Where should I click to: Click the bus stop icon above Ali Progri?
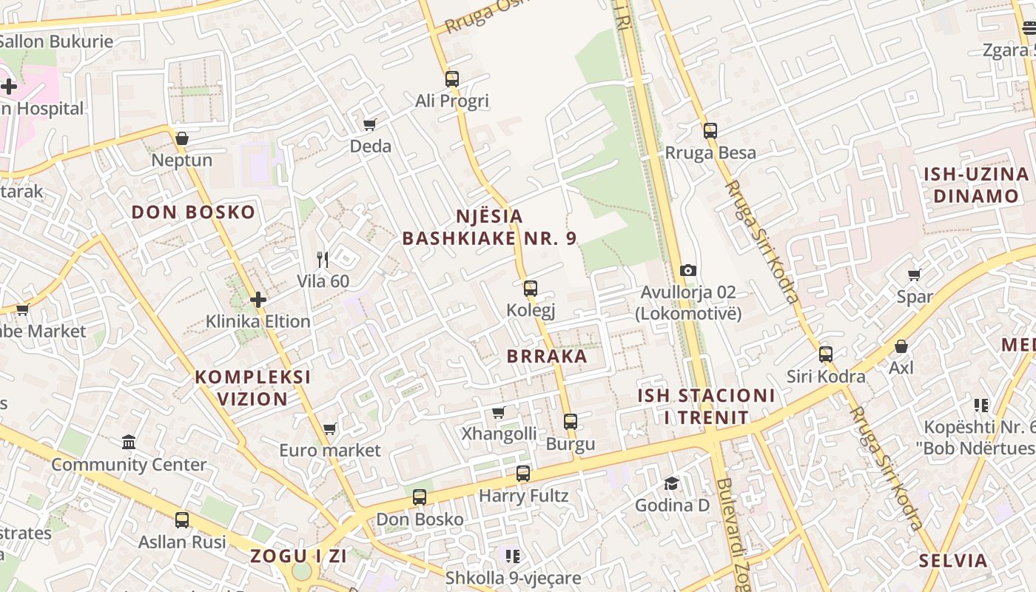pyautogui.click(x=452, y=78)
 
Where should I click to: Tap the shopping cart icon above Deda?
pyautogui.click(x=370, y=124)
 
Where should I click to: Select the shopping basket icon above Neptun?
pyautogui.click(x=181, y=138)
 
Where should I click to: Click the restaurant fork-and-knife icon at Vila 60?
pyautogui.click(x=323, y=259)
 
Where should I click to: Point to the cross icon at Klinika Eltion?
pyautogui.click(x=258, y=300)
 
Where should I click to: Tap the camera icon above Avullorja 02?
pyautogui.click(x=688, y=271)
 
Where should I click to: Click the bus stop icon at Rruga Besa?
pyautogui.click(x=710, y=131)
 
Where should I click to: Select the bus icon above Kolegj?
pyautogui.click(x=531, y=289)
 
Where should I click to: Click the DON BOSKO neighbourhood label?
pyautogui.click(x=193, y=212)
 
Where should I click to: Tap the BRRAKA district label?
pyautogui.click(x=547, y=356)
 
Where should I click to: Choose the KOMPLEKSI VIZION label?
pyautogui.click(x=252, y=388)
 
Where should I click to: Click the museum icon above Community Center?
pyautogui.click(x=129, y=443)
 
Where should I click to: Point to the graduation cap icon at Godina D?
pyautogui.click(x=671, y=483)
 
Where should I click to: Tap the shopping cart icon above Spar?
pyautogui.click(x=915, y=275)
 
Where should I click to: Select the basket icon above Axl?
pyautogui.click(x=901, y=346)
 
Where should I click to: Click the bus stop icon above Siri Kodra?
pyautogui.click(x=826, y=354)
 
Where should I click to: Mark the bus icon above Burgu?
pyautogui.click(x=571, y=422)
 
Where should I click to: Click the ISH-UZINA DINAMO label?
pyautogui.click(x=976, y=185)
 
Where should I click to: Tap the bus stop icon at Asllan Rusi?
pyautogui.click(x=182, y=520)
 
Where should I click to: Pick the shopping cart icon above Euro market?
pyautogui.click(x=330, y=428)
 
